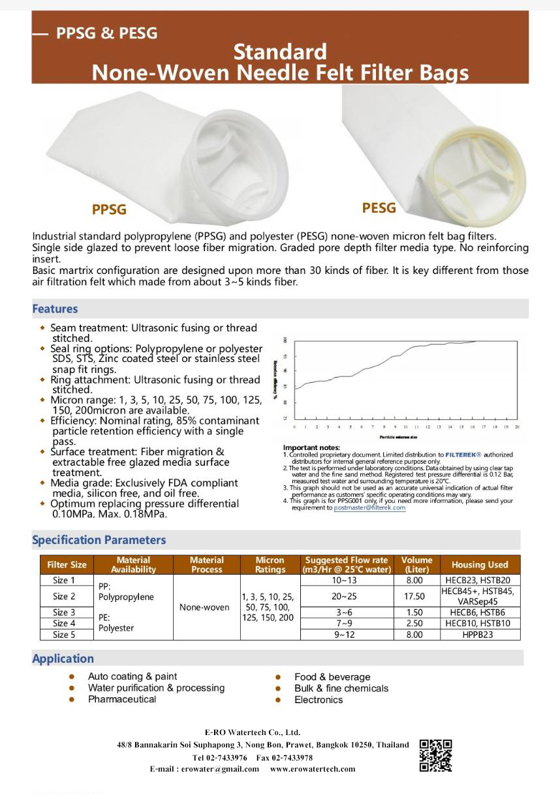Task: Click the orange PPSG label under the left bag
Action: [x=109, y=209]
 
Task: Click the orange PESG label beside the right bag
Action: [x=379, y=207]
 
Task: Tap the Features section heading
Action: [x=55, y=309]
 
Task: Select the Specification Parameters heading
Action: [x=99, y=540]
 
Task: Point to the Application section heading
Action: [x=63, y=659]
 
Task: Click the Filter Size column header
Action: [x=67, y=565]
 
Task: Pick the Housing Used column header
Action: [x=480, y=565]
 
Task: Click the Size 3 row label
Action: [x=64, y=612]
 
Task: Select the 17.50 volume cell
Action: [x=414, y=596]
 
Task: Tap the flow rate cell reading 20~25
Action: [x=344, y=596]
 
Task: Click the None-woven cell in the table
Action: [x=204, y=607]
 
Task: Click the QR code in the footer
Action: [x=435, y=756]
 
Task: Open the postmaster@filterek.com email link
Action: [x=369, y=507]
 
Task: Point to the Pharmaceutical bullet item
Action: [x=122, y=699]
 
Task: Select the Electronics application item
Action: [x=319, y=700]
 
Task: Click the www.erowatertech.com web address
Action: [x=313, y=769]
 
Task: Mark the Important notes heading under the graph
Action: [x=311, y=447]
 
